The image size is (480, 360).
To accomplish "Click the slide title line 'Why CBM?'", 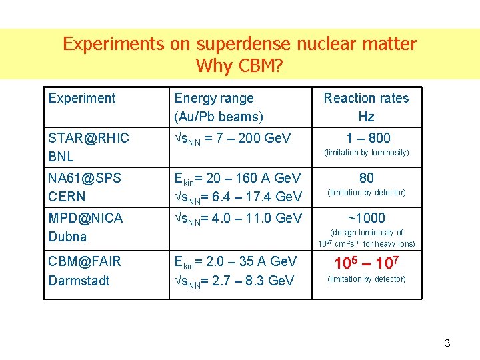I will [239, 66].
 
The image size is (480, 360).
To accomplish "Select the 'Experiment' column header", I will [82, 98].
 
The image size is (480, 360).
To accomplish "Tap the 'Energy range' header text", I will [213, 98].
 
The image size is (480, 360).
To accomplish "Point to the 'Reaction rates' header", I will [366, 98].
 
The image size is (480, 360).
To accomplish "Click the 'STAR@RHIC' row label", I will [89, 138].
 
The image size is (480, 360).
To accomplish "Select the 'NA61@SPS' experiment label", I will [85, 178].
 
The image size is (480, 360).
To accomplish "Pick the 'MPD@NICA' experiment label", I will [85, 217].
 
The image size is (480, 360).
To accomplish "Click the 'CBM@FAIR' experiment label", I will [85, 261].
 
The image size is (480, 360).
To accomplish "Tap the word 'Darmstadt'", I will [79, 280].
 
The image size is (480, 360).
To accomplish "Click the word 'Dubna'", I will [68, 236].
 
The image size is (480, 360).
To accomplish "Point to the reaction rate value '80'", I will [366, 178].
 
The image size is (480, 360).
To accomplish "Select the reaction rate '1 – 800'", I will [366, 138].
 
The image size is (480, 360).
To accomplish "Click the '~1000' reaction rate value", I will [366, 218].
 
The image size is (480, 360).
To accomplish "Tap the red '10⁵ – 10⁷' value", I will [366, 263].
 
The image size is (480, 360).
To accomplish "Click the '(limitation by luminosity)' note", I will [366, 153].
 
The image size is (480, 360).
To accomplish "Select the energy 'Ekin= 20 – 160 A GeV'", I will [237, 178].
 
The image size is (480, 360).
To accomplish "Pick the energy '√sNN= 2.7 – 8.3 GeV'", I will [234, 281].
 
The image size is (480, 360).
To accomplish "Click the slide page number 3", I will [447, 343].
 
